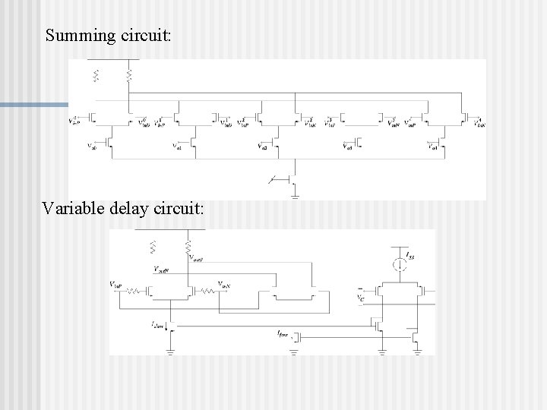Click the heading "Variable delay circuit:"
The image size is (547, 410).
[x=124, y=208]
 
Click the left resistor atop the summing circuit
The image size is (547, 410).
[x=96, y=75]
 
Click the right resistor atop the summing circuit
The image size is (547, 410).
[x=129, y=75]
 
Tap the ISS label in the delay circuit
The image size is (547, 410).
[x=410, y=256]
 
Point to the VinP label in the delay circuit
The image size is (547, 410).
[x=116, y=284]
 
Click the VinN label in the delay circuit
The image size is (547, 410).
[x=225, y=284]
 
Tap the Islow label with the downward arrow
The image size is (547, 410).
[x=158, y=324]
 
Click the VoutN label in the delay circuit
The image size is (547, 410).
[x=161, y=269]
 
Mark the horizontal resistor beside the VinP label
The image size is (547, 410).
[x=135, y=290]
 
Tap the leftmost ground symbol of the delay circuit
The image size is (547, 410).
[x=172, y=352]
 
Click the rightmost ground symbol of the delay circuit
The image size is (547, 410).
[x=418, y=352]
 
